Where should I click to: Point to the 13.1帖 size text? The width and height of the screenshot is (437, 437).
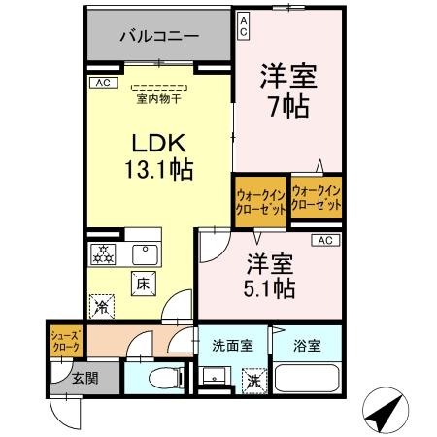(x=158, y=169)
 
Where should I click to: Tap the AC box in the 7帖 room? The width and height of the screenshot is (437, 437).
(x=243, y=25)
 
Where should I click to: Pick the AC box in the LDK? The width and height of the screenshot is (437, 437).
(x=101, y=84)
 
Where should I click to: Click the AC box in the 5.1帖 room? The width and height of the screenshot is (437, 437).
(x=324, y=241)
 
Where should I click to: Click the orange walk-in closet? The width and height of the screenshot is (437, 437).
(x=259, y=201)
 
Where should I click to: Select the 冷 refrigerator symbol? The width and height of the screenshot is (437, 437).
(x=102, y=306)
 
